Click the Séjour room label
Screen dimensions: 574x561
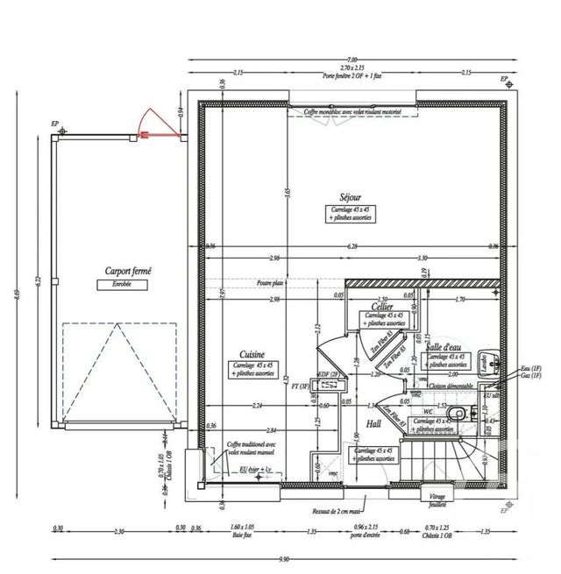[x=351, y=198]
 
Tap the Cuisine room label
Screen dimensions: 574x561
[x=240, y=353]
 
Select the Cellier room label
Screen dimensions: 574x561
[x=380, y=308]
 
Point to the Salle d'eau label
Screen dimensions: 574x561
[x=445, y=347]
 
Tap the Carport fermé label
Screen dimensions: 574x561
[x=128, y=273]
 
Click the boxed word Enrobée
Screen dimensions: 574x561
[x=128, y=285]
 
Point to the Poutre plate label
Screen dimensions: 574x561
[x=270, y=284]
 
